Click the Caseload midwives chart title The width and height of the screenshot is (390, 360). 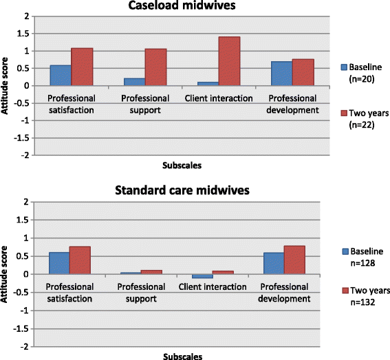(x=182, y=5)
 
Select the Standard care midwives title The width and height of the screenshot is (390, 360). (x=182, y=190)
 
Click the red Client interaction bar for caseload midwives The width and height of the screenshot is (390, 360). (x=229, y=61)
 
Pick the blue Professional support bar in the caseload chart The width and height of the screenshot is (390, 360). (x=134, y=82)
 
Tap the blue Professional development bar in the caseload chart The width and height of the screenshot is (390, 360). (x=281, y=74)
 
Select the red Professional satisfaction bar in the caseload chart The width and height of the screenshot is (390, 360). (x=82, y=67)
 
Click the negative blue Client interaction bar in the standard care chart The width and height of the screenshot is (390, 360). (x=202, y=276)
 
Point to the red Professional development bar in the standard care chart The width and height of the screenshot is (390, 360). (x=294, y=260)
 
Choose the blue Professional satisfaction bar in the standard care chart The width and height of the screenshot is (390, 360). (x=59, y=263)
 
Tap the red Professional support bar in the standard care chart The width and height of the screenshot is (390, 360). (x=151, y=272)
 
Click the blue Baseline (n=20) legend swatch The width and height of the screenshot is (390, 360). (x=344, y=67)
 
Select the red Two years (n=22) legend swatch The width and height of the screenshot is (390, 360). (x=344, y=113)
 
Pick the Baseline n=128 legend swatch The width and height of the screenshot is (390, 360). (x=345, y=251)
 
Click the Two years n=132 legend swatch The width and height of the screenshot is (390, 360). (x=345, y=291)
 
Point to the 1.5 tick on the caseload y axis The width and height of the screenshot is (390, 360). (x=23, y=34)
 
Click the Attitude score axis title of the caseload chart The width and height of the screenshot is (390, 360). (x=5, y=86)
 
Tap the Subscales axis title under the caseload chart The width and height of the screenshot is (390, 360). (x=182, y=166)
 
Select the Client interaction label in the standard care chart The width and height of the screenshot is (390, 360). (x=213, y=287)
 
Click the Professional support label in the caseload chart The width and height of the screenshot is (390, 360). (x=145, y=104)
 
